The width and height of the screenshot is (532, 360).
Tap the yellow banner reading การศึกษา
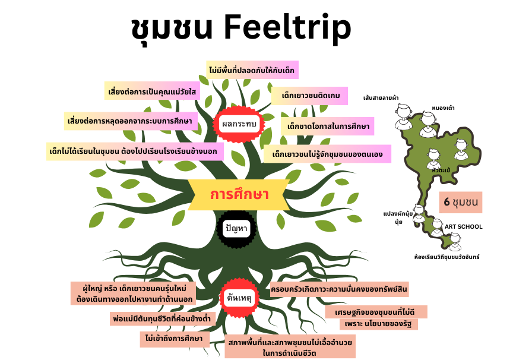tap(239, 194)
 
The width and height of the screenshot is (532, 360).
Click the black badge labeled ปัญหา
tap(236, 228)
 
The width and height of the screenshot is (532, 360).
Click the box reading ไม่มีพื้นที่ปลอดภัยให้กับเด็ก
tap(252, 70)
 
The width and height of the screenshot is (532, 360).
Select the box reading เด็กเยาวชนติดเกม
tap(309, 95)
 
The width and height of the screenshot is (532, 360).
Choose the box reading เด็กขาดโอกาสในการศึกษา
tap(328, 127)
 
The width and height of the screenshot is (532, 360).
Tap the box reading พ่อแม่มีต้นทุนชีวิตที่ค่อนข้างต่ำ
tap(163, 319)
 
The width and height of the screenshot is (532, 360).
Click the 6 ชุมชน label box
tap(461, 202)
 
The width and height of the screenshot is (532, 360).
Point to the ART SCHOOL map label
tap(464, 227)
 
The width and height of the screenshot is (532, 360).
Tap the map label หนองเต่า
tap(443, 108)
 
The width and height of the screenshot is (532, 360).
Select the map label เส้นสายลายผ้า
tap(381, 96)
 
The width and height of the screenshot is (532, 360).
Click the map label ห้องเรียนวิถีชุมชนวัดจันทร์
tap(446, 257)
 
